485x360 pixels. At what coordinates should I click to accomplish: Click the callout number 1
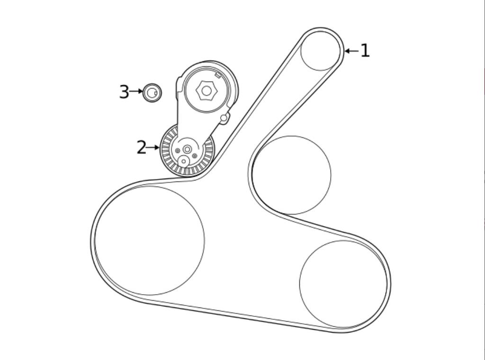[x=365, y=51]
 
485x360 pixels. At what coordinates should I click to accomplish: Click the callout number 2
[x=141, y=147]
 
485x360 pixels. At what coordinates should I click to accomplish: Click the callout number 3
[x=124, y=92]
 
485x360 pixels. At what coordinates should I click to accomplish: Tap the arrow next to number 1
[x=351, y=51]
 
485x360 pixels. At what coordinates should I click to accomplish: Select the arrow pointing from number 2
[x=153, y=147]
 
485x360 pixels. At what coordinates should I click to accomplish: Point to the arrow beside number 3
[x=136, y=91]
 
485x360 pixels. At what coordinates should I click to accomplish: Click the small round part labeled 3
[x=152, y=93]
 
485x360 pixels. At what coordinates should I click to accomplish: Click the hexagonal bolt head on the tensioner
[x=206, y=90]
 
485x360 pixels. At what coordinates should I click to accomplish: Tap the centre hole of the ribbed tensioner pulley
[x=188, y=149]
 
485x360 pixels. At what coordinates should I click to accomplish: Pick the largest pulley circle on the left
[x=150, y=241]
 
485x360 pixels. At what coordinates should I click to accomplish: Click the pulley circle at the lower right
[x=343, y=284]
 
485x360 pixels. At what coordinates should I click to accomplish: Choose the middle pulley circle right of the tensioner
[x=292, y=175]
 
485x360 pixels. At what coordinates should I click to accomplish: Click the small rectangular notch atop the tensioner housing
[x=218, y=74]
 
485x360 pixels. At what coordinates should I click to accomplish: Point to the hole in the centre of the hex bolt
[x=206, y=90]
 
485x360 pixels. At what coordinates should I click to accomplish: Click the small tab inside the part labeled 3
[x=154, y=93]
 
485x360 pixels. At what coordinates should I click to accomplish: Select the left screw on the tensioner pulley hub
[x=178, y=151]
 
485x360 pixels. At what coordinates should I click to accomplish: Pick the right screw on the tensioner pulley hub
[x=195, y=156]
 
